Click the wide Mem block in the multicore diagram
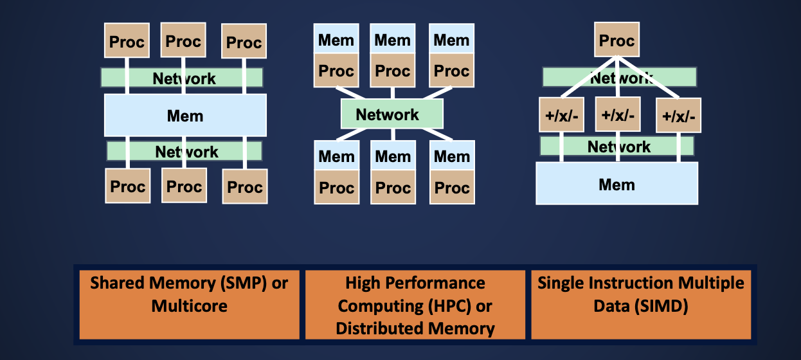coord(185,116)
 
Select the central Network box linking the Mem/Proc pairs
coord(392,114)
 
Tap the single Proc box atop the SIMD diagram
coord(616,41)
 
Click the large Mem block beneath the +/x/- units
coord(616,184)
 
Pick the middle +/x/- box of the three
coord(618,116)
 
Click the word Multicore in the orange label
coord(190,305)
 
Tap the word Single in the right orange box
coord(559,283)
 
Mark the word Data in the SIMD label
coord(613,307)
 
